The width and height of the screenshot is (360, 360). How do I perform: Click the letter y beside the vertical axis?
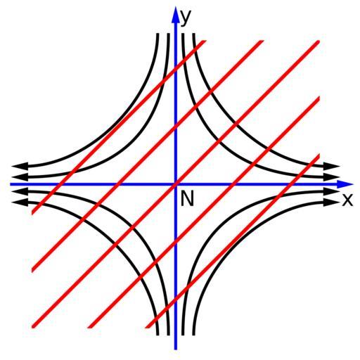[x=185, y=18]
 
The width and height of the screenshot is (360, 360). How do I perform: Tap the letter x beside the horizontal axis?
[x=347, y=200]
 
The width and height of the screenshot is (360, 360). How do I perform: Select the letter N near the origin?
[x=187, y=199]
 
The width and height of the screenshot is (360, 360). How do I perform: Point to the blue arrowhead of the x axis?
[x=345, y=184]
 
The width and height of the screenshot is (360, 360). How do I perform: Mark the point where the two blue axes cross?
[x=176, y=184]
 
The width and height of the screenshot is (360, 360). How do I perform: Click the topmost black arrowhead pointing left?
[x=20, y=166]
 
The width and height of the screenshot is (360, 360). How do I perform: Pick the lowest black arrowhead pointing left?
[x=20, y=202]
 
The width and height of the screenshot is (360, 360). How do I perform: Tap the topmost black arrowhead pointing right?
[x=332, y=166]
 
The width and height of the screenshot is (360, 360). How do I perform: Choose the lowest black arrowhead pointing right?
[x=332, y=202]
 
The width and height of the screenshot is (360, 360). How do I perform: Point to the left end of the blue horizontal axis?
[x=11, y=184]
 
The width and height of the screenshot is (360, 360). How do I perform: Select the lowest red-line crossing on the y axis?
[x=176, y=301]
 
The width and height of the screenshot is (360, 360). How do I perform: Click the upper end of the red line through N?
[x=319, y=41]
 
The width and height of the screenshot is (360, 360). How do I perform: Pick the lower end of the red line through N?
[x=33, y=327]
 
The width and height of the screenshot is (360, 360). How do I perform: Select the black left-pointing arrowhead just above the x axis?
[x=20, y=176]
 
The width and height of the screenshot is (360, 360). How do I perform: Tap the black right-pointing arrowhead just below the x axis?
[x=332, y=191]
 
